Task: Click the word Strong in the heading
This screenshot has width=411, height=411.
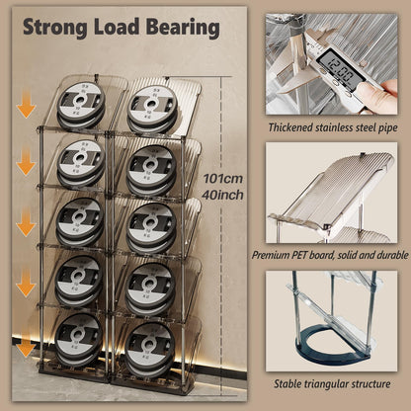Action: [x=55, y=27]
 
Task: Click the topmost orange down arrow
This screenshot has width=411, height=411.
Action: [x=26, y=107]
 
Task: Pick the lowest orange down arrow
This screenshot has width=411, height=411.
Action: [x=26, y=348]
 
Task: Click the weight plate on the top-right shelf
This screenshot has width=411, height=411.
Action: [x=152, y=105]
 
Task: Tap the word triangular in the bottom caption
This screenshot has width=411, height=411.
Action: [x=333, y=382]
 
